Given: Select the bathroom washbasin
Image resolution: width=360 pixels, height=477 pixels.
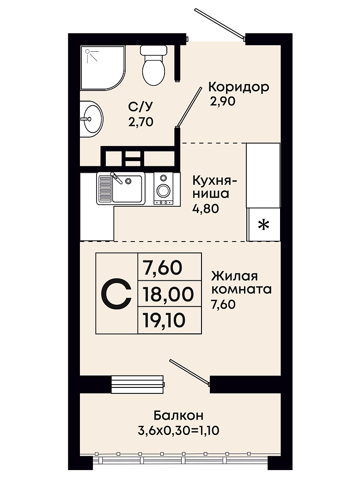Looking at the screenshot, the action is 91,119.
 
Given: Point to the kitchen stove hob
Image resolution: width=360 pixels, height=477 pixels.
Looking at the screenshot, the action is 164,188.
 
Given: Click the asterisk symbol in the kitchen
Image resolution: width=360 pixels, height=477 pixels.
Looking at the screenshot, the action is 264,225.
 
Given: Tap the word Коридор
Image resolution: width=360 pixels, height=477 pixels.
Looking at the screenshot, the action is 239,88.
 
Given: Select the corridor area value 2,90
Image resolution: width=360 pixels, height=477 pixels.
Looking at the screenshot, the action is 222,102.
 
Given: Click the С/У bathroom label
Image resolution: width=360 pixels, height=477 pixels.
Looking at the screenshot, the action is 140,107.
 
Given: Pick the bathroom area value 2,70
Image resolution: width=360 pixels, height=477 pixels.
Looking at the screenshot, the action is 140,122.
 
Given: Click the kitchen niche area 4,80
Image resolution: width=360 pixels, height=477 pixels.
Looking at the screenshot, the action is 206,209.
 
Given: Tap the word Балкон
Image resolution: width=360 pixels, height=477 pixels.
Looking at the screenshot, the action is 178,415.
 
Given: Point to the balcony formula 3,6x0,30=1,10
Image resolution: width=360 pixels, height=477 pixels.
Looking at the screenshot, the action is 178,430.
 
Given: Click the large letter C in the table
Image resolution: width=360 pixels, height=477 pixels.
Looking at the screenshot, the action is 116,294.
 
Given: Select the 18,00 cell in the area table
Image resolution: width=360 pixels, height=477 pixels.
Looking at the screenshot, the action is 169,294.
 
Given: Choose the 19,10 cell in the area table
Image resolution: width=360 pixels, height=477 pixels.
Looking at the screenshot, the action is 169,320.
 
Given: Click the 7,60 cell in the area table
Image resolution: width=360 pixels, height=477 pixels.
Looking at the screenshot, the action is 169,267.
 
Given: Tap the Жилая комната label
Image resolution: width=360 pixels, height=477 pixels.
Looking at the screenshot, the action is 241,283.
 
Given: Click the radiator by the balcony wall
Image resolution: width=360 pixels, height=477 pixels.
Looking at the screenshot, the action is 138,384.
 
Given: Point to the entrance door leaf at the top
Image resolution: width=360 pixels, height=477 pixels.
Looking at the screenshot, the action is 220,24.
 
